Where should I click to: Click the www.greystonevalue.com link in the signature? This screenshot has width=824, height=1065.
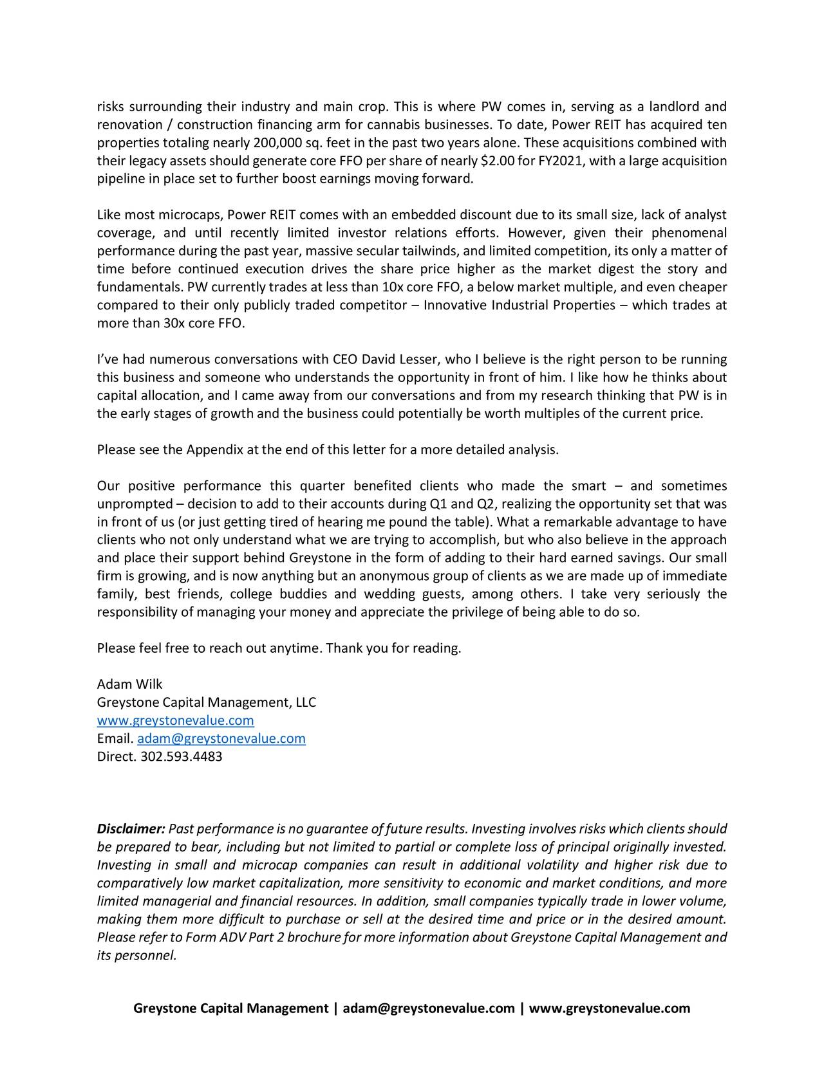click(175, 720)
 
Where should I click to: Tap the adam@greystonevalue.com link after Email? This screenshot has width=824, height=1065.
click(221, 738)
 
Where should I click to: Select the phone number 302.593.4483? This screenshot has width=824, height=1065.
click(181, 756)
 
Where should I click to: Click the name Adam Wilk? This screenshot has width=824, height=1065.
click(129, 684)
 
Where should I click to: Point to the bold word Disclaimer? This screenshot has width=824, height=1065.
click(131, 828)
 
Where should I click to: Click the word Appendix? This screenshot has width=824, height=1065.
click(214, 450)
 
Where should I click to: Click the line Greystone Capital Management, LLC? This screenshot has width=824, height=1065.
click(206, 702)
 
